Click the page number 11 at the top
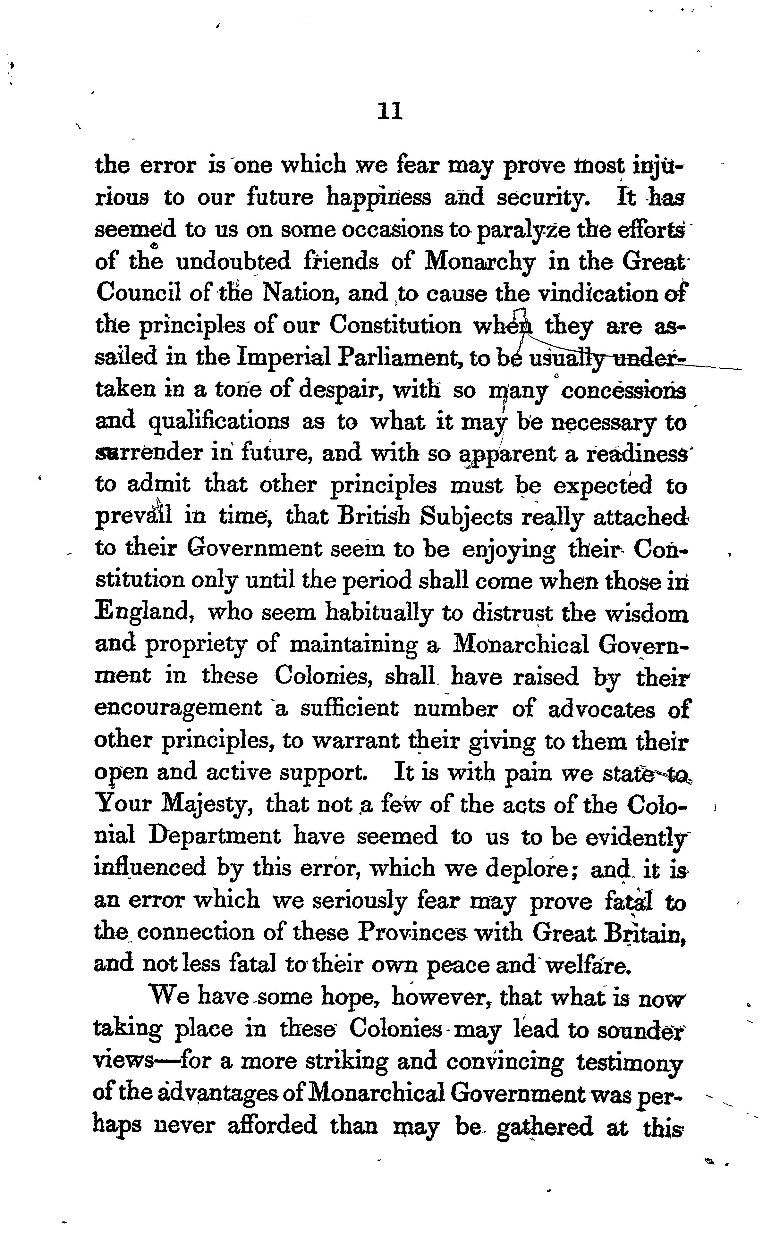click(390, 111)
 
